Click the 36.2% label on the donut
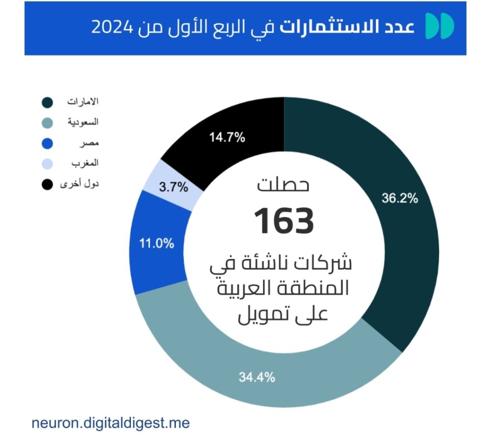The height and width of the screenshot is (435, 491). tap(400, 198)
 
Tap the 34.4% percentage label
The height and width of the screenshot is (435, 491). tap(257, 377)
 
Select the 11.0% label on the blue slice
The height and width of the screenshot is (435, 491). tap(156, 243)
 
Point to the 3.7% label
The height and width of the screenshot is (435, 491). tap(174, 187)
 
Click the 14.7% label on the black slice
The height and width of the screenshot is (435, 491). tap(227, 138)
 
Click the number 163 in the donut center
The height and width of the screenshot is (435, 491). tap(284, 221)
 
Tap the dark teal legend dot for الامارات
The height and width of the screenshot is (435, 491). tap(47, 103)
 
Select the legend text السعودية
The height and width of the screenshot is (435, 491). tap(82, 122)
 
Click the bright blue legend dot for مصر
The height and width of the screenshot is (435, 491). tap(47, 143)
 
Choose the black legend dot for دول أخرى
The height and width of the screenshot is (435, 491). tap(47, 184)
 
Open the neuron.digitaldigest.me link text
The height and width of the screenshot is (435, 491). tap(110, 423)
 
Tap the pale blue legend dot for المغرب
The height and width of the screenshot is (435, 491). tap(47, 164)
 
